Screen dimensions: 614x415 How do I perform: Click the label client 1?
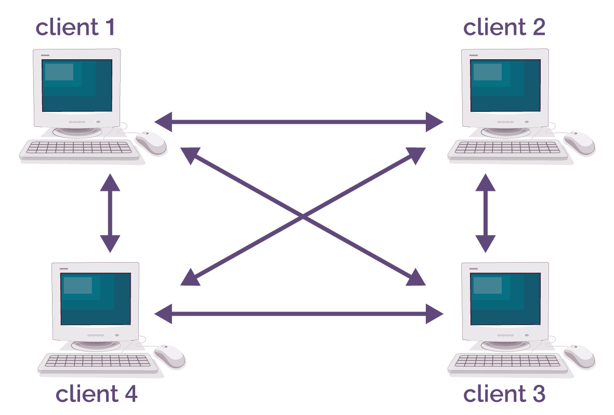[x=75, y=27]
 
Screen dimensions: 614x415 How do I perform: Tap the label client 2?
[x=504, y=27]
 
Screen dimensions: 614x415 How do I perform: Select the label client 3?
[x=504, y=394]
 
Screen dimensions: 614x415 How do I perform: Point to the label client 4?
[x=97, y=394]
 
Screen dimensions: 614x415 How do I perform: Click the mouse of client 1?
[x=151, y=142]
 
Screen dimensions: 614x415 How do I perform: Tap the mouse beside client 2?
[x=580, y=142]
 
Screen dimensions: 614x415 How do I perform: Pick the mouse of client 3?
[x=580, y=356]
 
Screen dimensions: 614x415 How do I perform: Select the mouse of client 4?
[x=169, y=356]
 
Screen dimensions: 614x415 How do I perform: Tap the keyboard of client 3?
[x=508, y=363]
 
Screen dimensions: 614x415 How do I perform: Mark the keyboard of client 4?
[x=98, y=363]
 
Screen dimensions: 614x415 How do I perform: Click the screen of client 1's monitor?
[x=77, y=85]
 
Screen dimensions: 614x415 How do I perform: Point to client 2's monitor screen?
[x=505, y=85]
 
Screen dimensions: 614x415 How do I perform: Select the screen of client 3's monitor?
[x=505, y=299]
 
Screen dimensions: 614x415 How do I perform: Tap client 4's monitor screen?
[x=96, y=299]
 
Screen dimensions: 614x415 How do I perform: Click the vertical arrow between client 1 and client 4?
[x=110, y=213]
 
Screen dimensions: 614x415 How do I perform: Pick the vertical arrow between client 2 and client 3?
[x=486, y=213]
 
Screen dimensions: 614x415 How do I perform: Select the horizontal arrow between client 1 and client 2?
[x=299, y=122]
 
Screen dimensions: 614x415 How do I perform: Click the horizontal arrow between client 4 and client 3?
[x=299, y=314]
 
